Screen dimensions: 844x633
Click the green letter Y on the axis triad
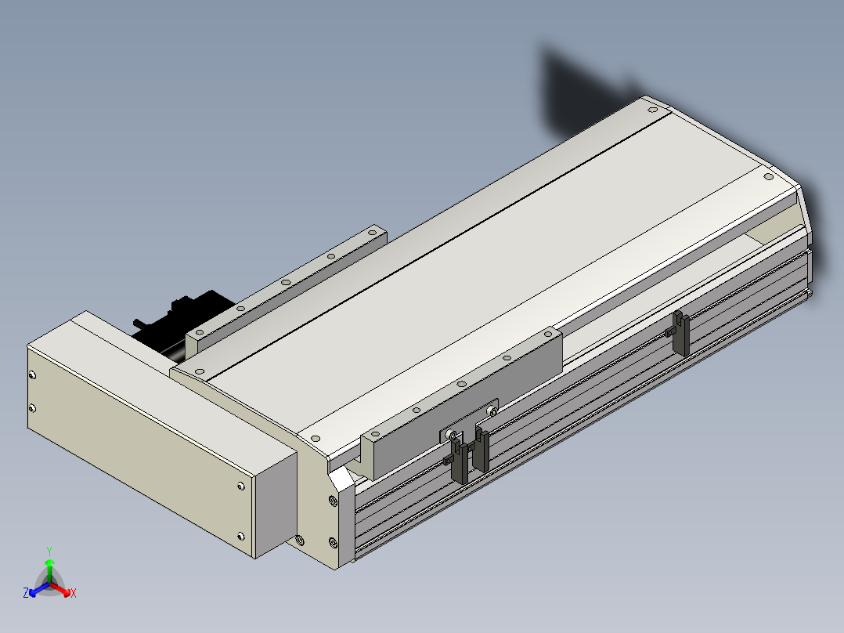click(49, 551)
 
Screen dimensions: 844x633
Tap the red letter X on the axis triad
click(74, 593)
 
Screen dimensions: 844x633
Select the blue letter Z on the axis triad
click(26, 593)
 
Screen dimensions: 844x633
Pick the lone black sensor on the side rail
click(680, 332)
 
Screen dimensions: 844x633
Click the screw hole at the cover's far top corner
click(653, 110)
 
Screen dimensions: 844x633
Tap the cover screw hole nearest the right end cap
click(769, 176)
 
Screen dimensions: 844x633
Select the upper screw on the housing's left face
click(32, 375)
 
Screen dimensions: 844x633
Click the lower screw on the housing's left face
click(32, 408)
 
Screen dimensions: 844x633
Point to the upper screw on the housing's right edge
click(240, 487)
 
